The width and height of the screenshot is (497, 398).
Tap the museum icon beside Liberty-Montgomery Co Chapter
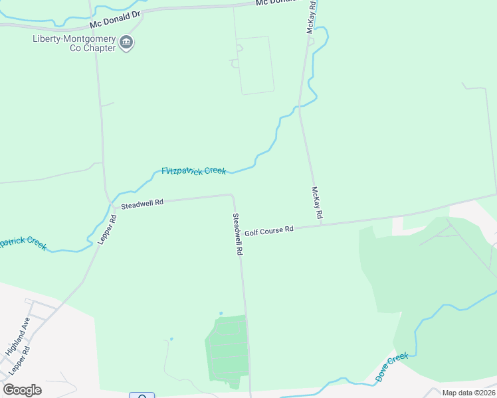(x=126, y=44)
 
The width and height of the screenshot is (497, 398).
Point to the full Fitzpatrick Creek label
(x=194, y=171)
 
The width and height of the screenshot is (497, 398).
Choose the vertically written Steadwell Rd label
(x=237, y=234)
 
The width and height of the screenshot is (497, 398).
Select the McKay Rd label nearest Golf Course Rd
(x=317, y=203)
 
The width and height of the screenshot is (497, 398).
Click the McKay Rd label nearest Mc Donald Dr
(x=311, y=17)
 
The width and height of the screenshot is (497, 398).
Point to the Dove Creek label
(x=391, y=367)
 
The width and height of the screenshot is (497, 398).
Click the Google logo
(x=22, y=390)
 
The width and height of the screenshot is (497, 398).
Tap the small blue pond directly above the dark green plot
(x=221, y=314)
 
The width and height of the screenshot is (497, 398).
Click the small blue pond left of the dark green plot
(x=171, y=339)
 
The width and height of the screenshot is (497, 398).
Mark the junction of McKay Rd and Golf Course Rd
(x=322, y=224)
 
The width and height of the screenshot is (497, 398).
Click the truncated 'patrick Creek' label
(x=23, y=243)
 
